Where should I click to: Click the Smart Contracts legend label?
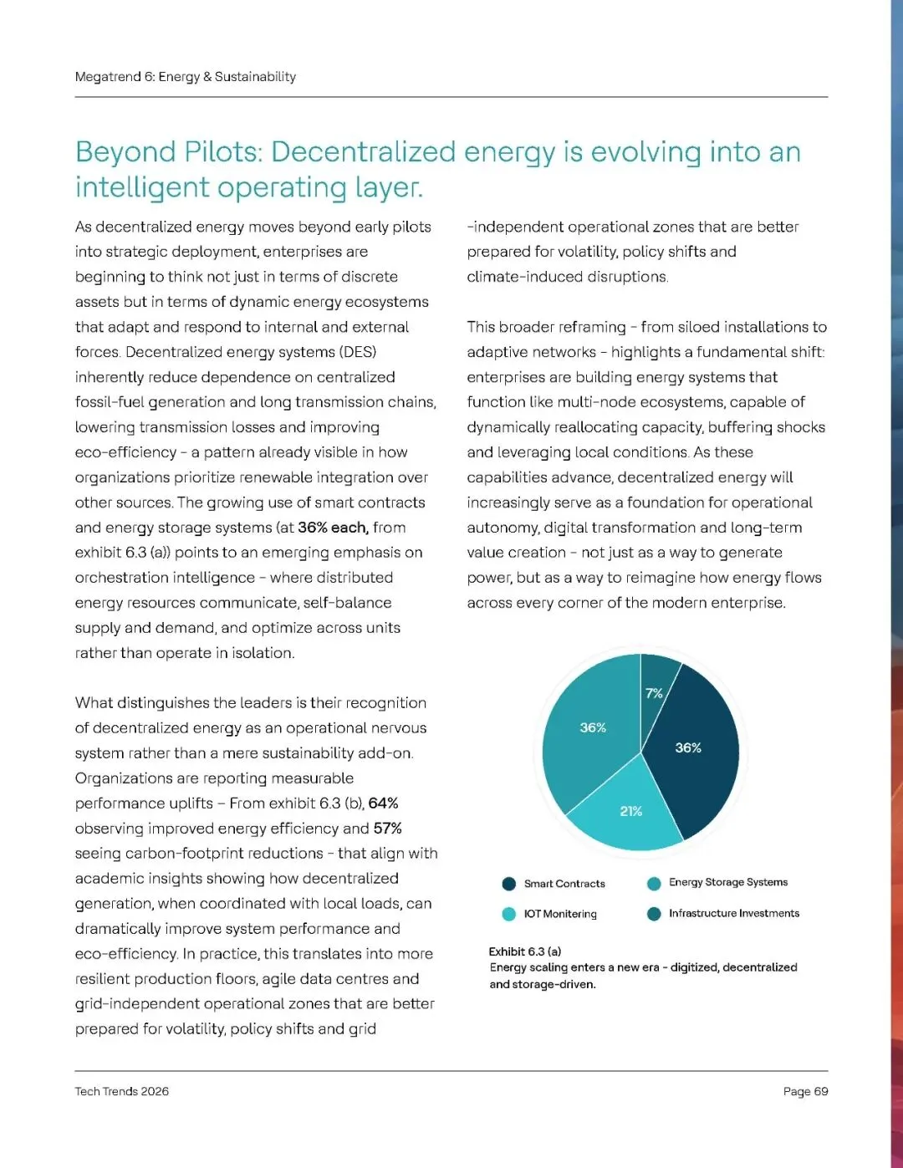(564, 884)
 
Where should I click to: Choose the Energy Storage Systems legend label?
(728, 882)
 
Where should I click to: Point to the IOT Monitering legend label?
(560, 914)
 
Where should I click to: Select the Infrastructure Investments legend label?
(734, 913)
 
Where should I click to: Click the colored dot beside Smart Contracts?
(508, 884)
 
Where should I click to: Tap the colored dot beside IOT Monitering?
(508, 914)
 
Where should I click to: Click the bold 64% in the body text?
(383, 803)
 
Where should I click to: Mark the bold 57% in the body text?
(388, 829)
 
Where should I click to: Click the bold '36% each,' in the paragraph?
(333, 528)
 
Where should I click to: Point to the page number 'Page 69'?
(805, 1091)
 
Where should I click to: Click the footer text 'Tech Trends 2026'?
(122, 1091)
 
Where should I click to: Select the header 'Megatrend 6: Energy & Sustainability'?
(186, 77)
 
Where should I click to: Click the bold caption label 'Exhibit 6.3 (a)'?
(525, 951)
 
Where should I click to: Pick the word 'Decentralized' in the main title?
(364, 152)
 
